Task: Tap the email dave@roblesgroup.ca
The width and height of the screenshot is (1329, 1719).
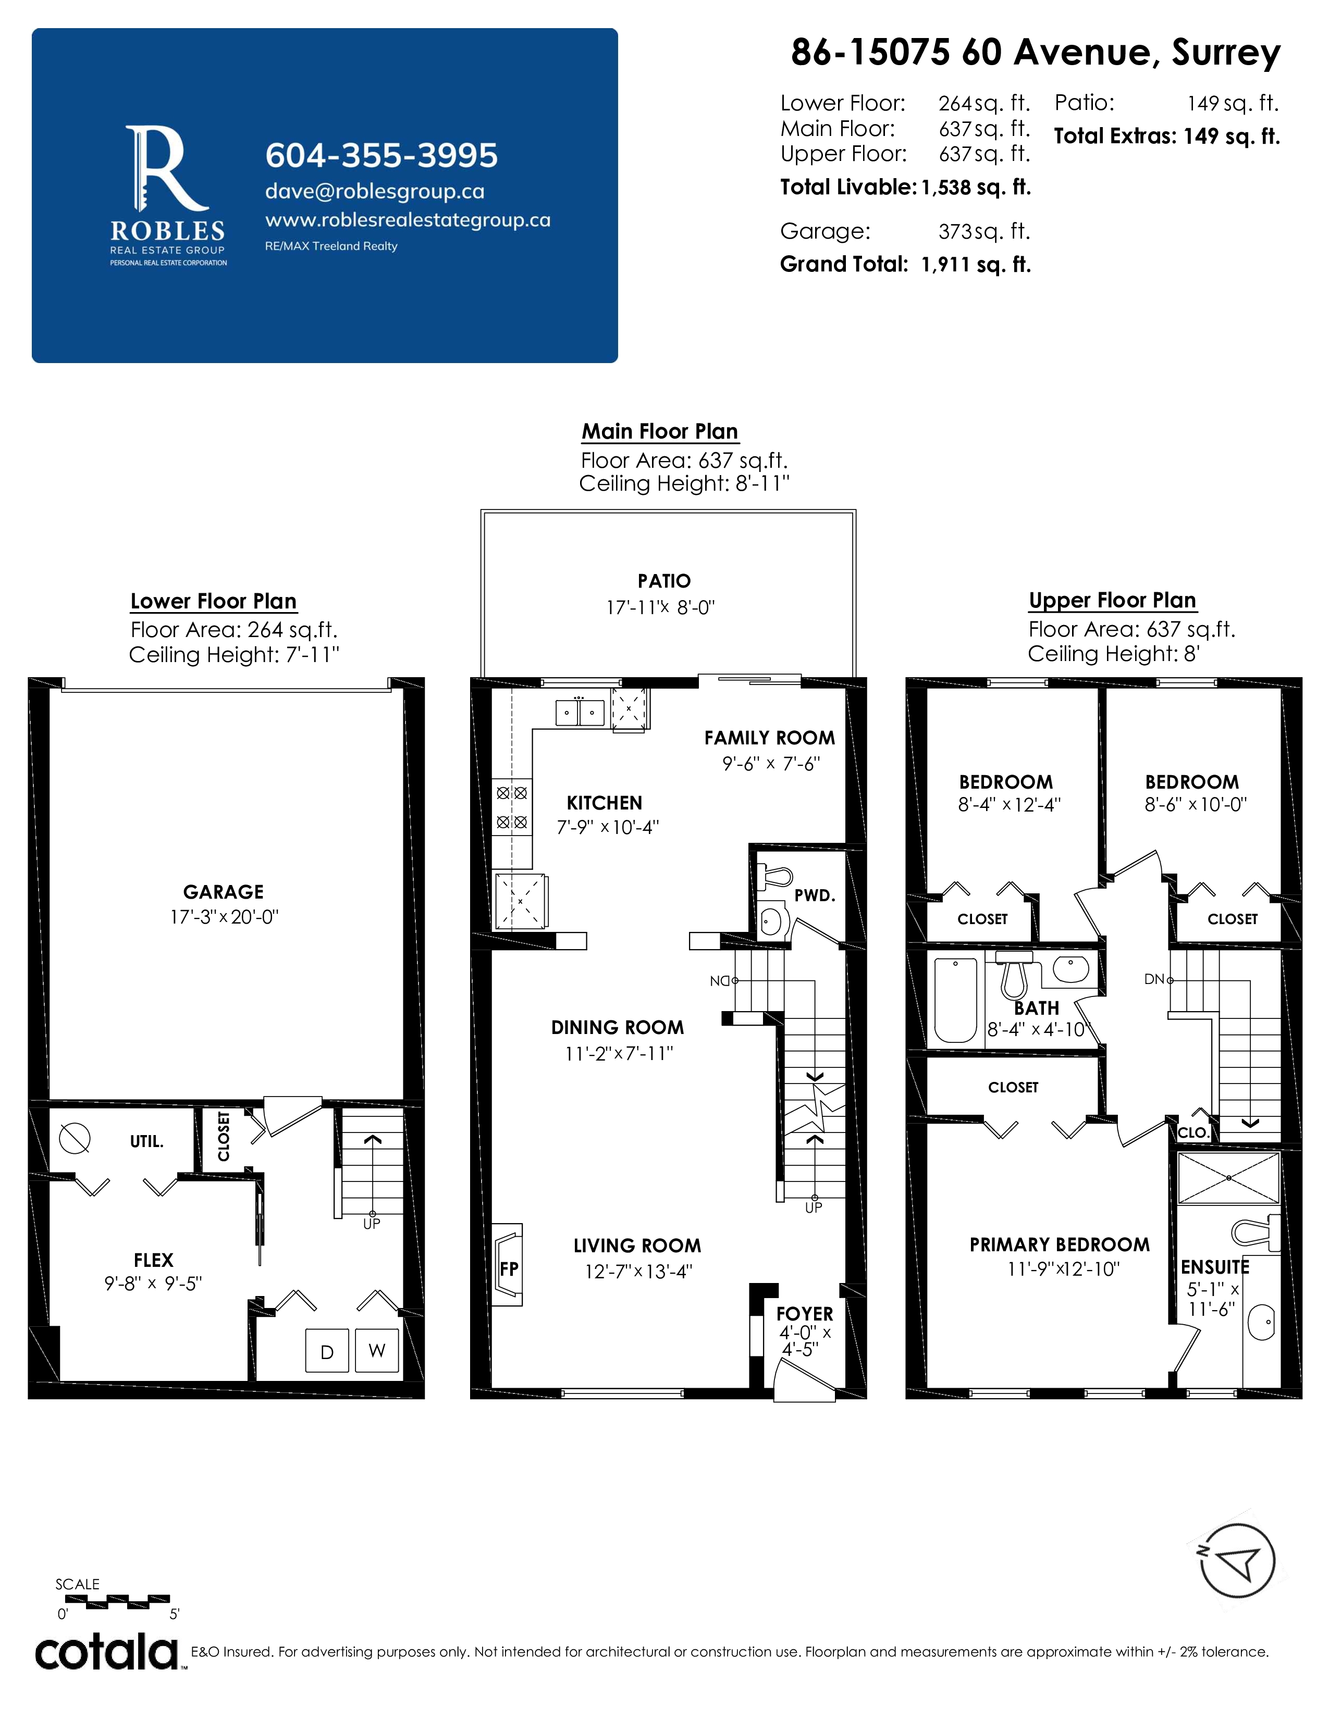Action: [375, 191]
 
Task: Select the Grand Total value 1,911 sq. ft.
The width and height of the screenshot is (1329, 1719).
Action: [976, 265]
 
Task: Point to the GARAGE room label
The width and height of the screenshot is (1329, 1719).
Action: [224, 892]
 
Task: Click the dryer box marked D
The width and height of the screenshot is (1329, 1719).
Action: [327, 1351]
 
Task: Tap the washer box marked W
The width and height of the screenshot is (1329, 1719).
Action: [377, 1351]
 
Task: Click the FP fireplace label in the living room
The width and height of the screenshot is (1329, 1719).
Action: [509, 1269]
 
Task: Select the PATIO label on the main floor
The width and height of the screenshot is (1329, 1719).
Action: [663, 581]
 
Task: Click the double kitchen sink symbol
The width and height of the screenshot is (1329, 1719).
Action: [580, 712]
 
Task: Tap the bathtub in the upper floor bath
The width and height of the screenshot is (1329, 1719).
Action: [955, 1000]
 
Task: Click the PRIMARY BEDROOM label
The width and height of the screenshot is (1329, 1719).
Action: [1059, 1244]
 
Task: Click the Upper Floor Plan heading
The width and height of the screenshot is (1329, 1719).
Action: [1112, 601]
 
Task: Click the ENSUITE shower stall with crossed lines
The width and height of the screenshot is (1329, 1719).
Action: [1228, 1178]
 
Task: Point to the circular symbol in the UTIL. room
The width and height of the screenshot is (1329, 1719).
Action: [75, 1138]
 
